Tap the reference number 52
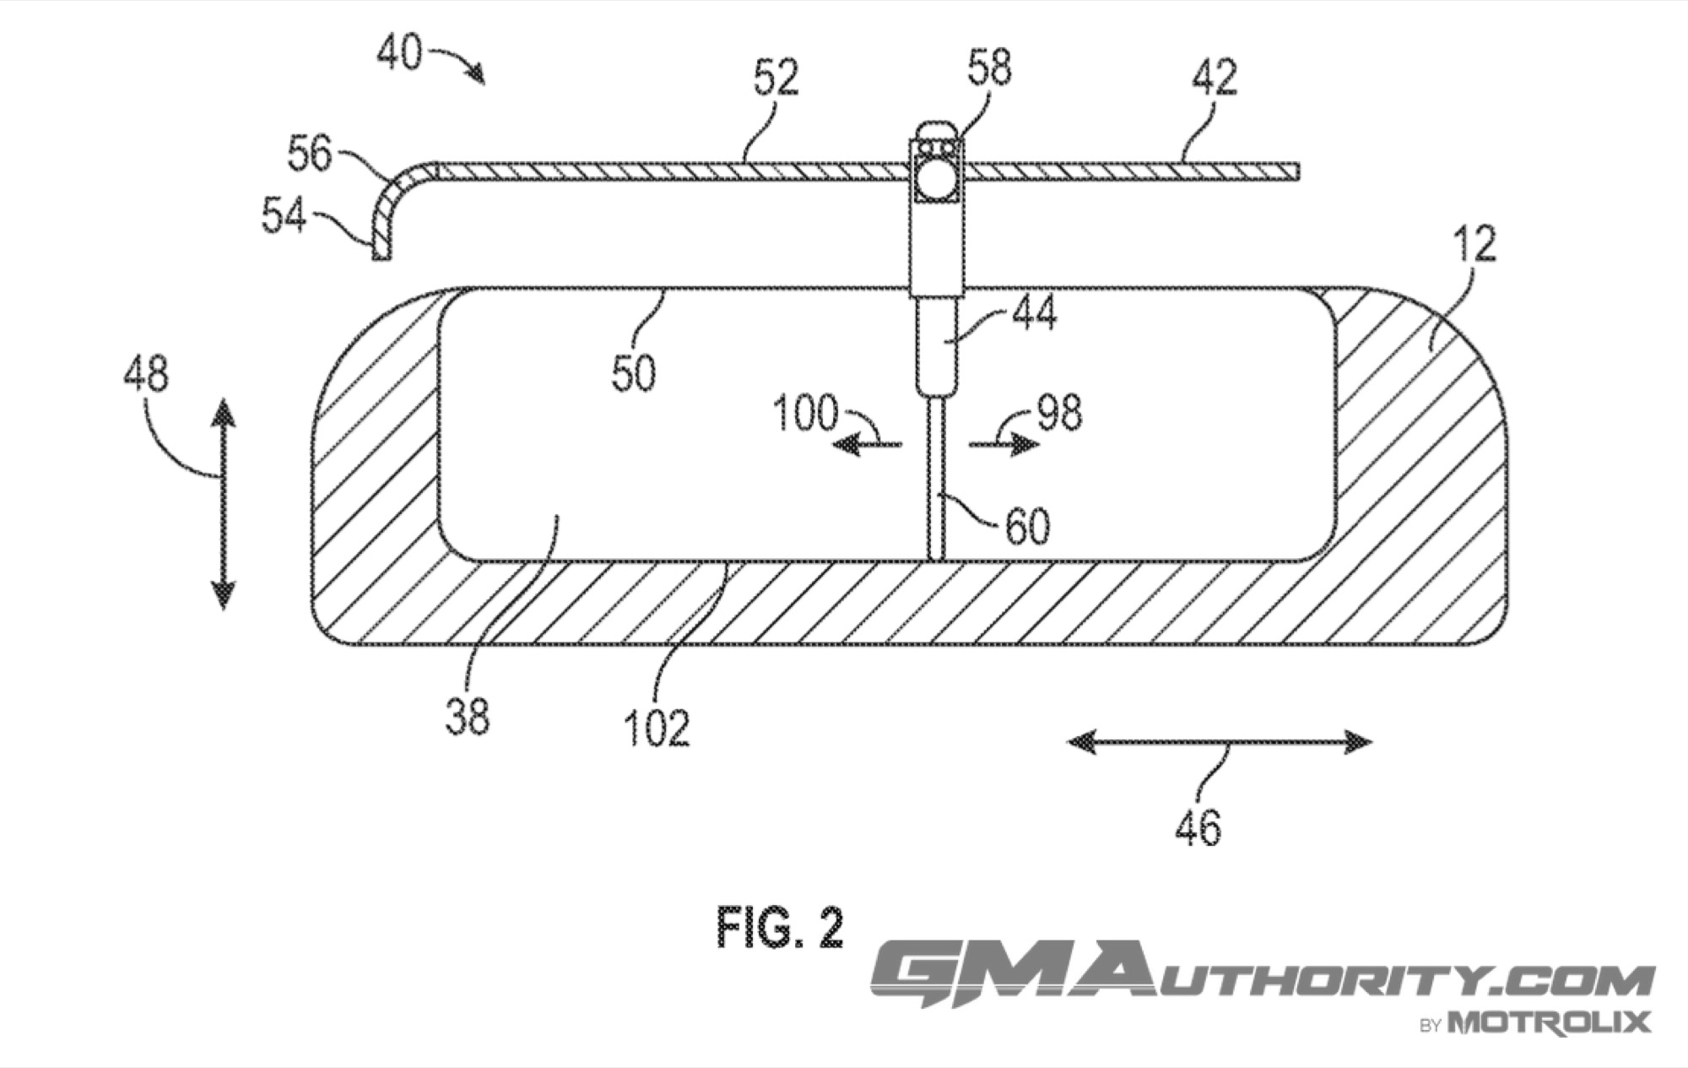776,79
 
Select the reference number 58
990,68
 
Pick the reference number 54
284,216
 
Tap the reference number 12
1474,244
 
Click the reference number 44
1033,314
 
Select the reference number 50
634,374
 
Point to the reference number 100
806,414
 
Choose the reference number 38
468,717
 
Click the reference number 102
657,728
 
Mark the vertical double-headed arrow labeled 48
223,504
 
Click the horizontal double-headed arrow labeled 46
1220,742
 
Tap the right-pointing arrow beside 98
1004,445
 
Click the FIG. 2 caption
780,929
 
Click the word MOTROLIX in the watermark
1549,1023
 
